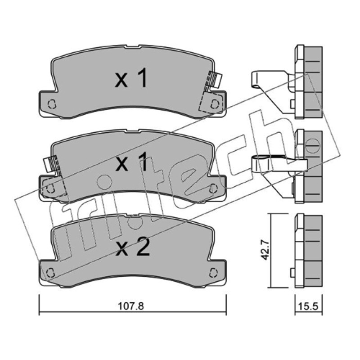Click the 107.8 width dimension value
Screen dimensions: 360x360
tap(130, 306)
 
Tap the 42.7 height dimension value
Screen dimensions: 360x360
tap(265, 250)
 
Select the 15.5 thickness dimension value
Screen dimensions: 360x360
tap(308, 306)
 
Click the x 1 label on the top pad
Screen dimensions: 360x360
tap(130, 79)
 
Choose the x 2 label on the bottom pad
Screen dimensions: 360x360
tap(133, 247)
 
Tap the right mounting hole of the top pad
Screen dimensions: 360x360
tap(215, 104)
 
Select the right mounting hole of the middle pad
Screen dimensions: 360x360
tap(213, 188)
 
